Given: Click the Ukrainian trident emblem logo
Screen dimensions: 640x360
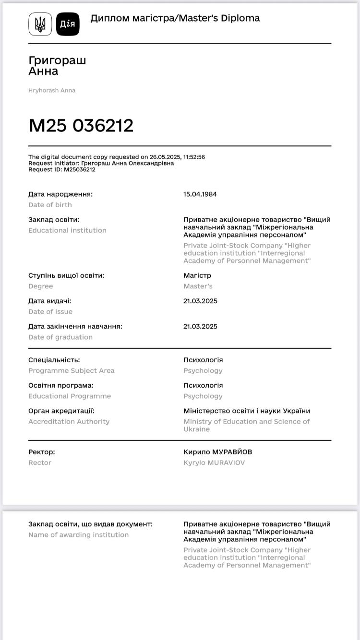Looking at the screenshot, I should coord(40,24).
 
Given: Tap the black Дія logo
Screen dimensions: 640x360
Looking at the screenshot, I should coord(68,24).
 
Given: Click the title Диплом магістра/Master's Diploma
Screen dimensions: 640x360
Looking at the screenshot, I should coord(175,18).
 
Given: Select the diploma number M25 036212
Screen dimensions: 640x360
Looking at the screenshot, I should coord(81,126).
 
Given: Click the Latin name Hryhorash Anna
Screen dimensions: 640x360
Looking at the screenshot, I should coord(52,90).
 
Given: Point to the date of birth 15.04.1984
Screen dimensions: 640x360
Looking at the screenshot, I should coord(200,194).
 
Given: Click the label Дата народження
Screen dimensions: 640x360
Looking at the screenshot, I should coord(60,194).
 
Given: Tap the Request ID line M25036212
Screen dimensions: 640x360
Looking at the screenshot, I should coord(62,169).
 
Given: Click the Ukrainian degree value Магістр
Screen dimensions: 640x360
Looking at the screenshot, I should coord(197,275).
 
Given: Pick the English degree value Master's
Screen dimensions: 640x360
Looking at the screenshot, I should coord(198,286).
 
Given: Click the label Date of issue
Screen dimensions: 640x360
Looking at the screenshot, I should coord(50,311).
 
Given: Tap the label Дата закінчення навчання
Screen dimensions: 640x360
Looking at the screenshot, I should coord(75,326).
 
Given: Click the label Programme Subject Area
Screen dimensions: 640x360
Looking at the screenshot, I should coord(72,370).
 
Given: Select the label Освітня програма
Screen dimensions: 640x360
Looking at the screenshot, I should coord(61,385).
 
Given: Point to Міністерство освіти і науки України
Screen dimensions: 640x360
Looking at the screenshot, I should coord(247,411).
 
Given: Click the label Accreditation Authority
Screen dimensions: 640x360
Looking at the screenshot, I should coord(69,421).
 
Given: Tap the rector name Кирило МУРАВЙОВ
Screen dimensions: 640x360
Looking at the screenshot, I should coord(217,452).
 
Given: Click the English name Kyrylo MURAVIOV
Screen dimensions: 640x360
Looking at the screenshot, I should coord(214,462).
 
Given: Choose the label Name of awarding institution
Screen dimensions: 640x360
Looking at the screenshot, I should coord(79,534).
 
